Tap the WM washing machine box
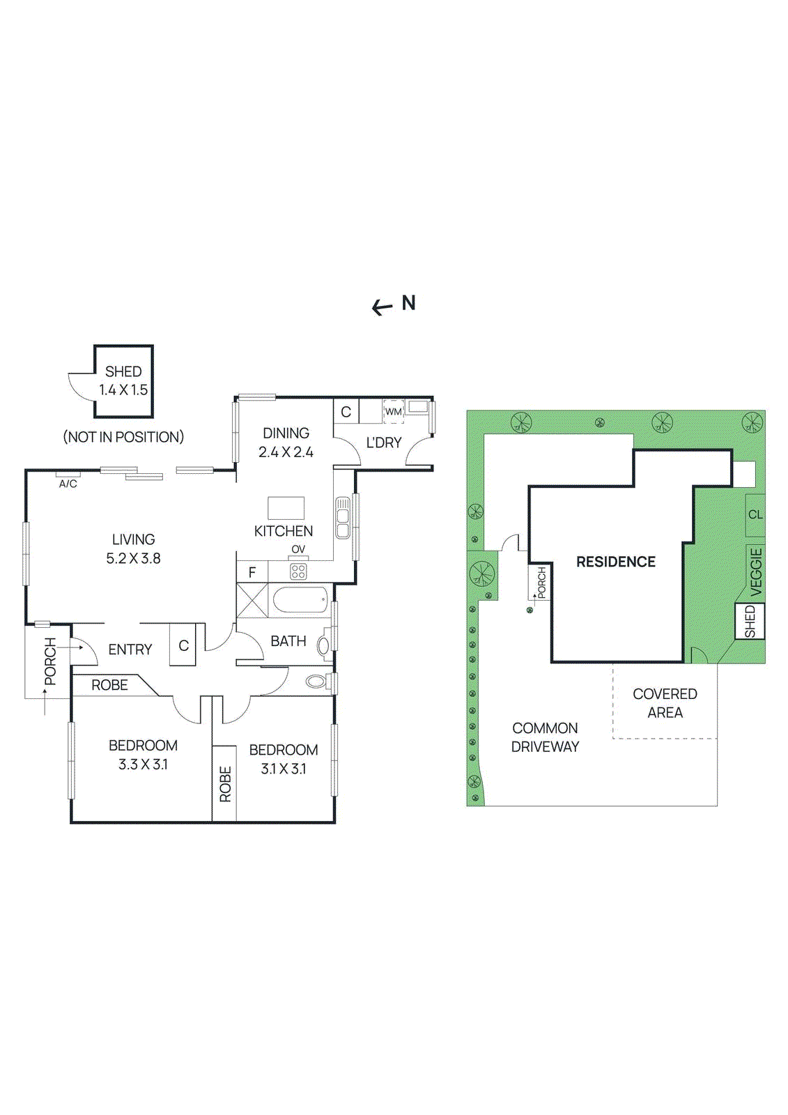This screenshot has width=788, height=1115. [x=394, y=411]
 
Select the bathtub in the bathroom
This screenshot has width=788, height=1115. [x=300, y=599]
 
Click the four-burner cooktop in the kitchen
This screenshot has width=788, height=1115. [x=298, y=571]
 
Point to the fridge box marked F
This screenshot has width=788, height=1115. [x=252, y=572]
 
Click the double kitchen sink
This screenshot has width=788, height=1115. [x=343, y=517]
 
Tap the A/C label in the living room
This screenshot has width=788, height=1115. [x=68, y=483]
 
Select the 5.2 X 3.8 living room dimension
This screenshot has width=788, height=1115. [x=133, y=558]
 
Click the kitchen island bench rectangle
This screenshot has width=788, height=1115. [x=286, y=507]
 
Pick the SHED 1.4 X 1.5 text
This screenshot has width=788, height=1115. [x=123, y=380]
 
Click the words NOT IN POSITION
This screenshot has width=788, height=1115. [x=123, y=437]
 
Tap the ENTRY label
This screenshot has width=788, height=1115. [x=130, y=649]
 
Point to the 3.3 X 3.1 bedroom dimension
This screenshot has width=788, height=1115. [x=143, y=764]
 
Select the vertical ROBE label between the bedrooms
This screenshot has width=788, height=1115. [x=225, y=784]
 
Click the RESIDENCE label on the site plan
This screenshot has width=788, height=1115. [x=615, y=562]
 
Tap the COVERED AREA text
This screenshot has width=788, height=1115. [x=665, y=703]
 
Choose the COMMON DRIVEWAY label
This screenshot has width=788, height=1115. [x=545, y=737]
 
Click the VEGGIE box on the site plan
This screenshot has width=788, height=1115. [x=756, y=571]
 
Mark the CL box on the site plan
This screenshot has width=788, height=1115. [x=755, y=515]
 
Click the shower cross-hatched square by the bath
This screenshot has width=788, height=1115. [x=252, y=600]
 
